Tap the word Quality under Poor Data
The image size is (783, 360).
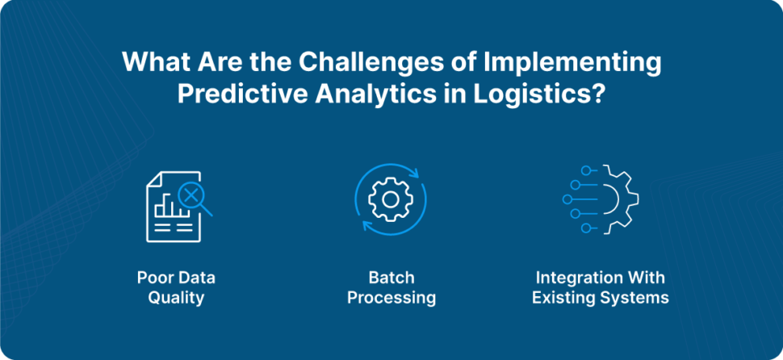pos(177,298)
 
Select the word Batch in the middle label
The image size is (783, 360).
pos(391,278)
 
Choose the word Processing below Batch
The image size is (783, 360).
pos(391,298)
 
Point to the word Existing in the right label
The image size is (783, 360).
pos(565,298)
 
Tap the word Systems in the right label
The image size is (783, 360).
pos(639,298)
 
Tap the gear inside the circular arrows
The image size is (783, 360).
pos(391,199)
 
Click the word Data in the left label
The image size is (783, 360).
pos(197,278)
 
